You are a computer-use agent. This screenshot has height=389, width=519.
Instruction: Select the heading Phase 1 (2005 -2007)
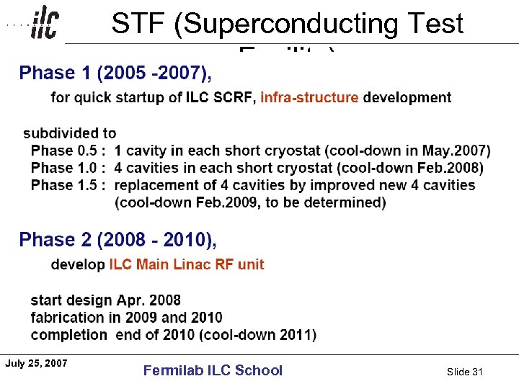coord(115,73)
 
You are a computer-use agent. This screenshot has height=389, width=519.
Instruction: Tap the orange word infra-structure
coord(309,97)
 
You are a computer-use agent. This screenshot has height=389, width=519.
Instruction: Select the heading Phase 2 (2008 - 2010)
coord(117,239)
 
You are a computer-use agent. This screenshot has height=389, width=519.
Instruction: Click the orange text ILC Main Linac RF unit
coord(187,264)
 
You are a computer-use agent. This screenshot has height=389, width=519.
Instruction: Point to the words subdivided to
coord(70,133)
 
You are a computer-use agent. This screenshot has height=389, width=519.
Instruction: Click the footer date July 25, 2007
coord(36,363)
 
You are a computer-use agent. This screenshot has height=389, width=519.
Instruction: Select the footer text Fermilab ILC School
coord(213,370)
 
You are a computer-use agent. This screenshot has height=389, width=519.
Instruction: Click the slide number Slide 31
coord(464,372)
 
